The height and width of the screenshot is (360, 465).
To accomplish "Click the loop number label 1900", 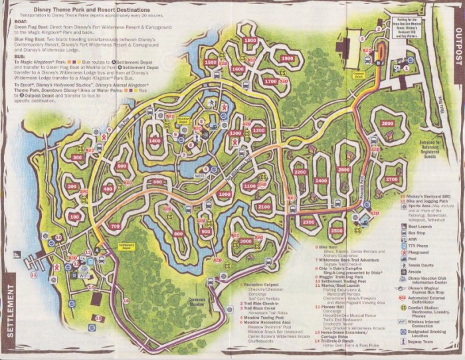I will point(287,58).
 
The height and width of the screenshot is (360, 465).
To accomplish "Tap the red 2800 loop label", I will point(388,124).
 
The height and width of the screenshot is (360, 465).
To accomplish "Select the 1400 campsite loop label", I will point(155,141).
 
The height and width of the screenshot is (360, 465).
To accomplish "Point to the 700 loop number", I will point(116,226).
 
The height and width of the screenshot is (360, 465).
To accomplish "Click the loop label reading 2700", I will point(391,179).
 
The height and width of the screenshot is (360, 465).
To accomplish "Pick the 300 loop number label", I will point(78,157).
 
